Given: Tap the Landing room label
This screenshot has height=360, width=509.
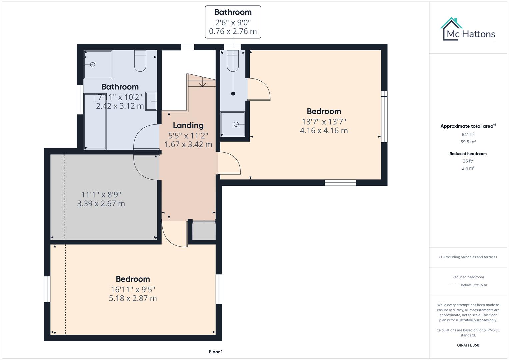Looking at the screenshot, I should [188, 125].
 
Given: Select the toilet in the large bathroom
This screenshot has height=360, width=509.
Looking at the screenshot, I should [140, 61].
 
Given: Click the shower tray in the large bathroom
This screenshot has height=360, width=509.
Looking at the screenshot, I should [97, 64].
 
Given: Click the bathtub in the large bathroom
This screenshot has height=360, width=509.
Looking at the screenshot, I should [95, 121].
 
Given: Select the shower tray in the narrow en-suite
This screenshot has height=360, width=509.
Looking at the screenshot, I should [233, 124].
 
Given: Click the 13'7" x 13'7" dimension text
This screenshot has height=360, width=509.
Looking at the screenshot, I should [324, 121].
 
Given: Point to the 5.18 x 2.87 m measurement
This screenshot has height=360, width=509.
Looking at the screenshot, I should [133, 298].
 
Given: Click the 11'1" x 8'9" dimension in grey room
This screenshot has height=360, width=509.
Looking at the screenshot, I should [101, 194].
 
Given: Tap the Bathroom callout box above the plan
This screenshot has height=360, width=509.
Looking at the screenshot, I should [233, 22].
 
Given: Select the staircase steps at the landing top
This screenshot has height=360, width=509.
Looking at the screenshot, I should [202, 81].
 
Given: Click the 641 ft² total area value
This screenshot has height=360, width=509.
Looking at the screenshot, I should [468, 135].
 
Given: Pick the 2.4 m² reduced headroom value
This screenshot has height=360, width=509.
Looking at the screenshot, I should [468, 168].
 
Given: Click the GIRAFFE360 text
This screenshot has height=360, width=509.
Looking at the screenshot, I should [468, 345].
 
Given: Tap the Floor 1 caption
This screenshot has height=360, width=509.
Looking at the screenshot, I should [216, 352].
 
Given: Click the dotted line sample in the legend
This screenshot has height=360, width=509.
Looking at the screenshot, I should [453, 285].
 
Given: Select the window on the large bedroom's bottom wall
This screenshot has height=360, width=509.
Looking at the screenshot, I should [340, 182].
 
